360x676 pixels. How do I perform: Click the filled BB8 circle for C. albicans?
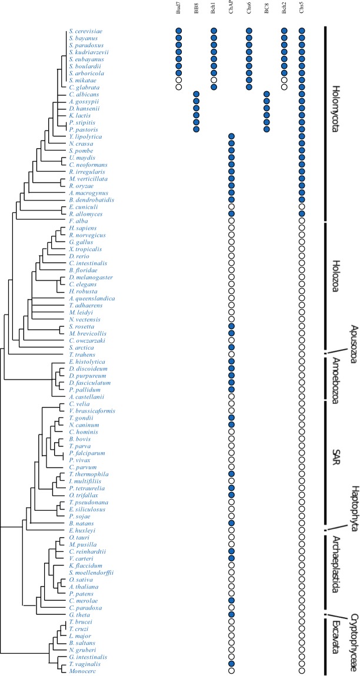196,94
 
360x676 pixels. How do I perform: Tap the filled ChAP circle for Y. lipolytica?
231,136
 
